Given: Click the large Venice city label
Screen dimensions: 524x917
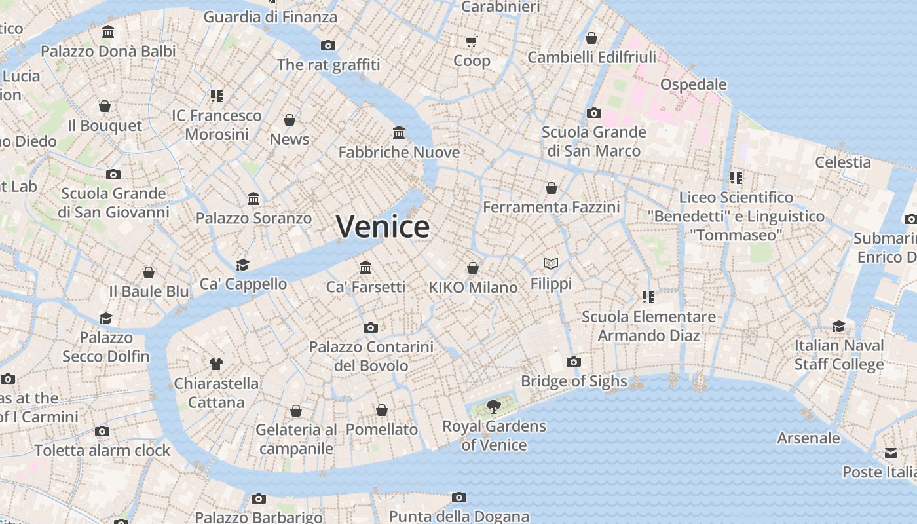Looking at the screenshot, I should coord(383,227).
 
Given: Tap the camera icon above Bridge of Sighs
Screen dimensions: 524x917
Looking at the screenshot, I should coord(574,362).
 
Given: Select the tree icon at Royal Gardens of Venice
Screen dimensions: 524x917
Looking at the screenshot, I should coord(494,407).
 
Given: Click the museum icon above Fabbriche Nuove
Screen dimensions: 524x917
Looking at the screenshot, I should coord(399,133).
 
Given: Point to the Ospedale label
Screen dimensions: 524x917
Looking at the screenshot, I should coord(694,84).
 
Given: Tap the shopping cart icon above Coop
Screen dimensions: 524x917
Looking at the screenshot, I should coord(472,42).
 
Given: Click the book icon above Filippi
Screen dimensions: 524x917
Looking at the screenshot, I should coord(551,264).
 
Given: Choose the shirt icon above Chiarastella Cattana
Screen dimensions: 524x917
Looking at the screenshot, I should coord(216,364).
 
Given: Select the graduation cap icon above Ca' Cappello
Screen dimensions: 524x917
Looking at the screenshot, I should coord(243,265).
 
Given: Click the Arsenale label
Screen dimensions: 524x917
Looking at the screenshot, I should coord(808,438).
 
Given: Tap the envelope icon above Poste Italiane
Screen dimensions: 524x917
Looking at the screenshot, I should coord(891,453).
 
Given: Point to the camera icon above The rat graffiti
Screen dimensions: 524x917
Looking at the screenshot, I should coord(328,45).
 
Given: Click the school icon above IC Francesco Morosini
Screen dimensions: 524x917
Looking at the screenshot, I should coord(217,96).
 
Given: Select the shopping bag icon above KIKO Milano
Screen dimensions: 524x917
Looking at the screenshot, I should coord(473,268).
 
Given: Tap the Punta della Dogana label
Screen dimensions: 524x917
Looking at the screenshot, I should coord(459,517).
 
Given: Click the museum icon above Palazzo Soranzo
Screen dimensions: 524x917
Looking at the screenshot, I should coord(253,198).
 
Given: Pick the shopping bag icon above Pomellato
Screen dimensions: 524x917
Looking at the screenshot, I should coord(382,410).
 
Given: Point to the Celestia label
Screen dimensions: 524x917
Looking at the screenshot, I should coord(843,162).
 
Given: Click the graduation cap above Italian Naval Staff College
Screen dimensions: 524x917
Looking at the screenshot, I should coord(839,326).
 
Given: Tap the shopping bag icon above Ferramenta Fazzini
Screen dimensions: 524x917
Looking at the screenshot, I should coord(552,188).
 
